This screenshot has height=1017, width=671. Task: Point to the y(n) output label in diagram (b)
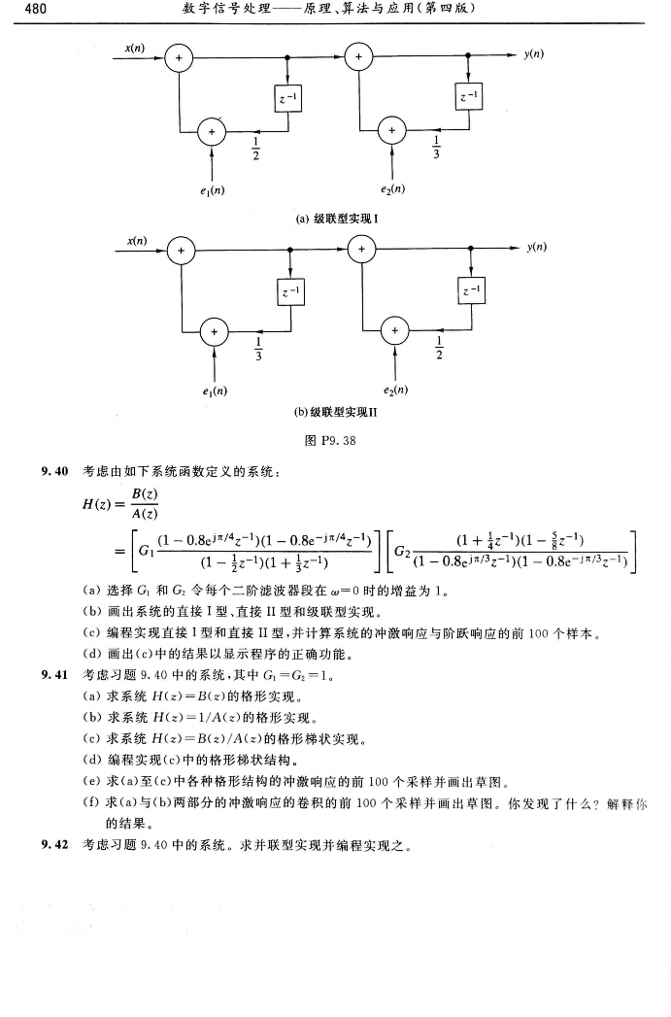(532, 249)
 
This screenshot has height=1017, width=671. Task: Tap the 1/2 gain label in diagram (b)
(439, 346)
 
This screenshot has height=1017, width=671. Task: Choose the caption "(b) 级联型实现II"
(335, 412)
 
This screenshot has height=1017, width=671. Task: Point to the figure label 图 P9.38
(335, 439)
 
